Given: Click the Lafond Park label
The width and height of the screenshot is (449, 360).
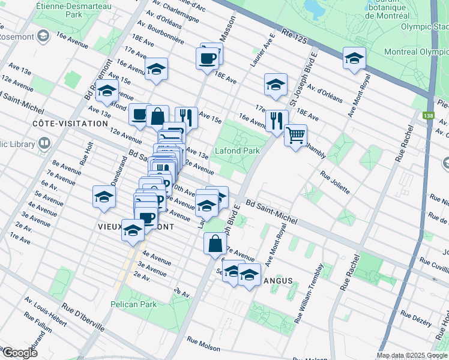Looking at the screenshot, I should [x=238, y=151].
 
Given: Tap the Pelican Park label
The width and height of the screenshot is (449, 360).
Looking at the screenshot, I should [x=133, y=304].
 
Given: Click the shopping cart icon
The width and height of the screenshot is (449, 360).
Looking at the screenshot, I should [x=295, y=136].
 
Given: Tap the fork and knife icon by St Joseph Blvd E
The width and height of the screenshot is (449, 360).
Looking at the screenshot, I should [x=277, y=119].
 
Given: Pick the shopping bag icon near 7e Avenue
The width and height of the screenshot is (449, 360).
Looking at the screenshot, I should [x=215, y=243].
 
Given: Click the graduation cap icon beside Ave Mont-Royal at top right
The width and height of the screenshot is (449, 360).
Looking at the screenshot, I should [x=354, y=58].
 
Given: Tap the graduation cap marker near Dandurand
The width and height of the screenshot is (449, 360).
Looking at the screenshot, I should [x=104, y=196].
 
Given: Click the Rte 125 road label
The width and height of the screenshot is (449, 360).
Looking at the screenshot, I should [x=293, y=37].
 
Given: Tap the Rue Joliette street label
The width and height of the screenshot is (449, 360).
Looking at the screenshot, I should [x=335, y=182].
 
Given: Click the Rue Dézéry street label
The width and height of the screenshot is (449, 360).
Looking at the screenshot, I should [x=415, y=319].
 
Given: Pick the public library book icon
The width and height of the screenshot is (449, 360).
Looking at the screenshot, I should [x=44, y=144].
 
